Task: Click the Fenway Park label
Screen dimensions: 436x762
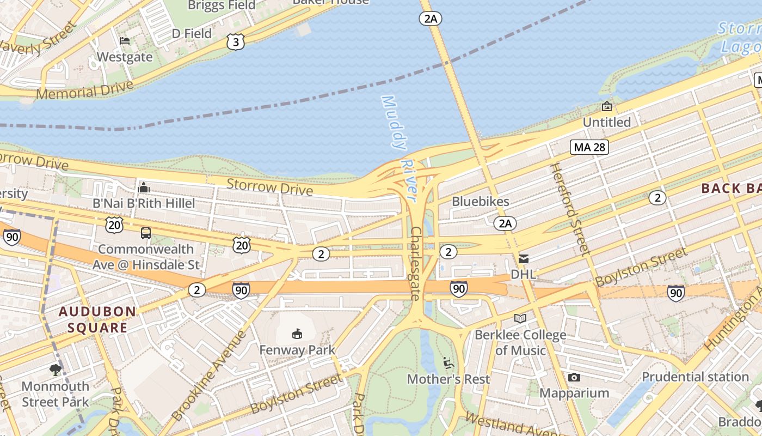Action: (x=297, y=350)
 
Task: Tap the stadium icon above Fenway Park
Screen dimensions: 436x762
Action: (x=297, y=333)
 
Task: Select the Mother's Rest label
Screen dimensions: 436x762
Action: (x=448, y=379)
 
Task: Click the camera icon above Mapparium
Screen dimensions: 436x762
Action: (x=574, y=377)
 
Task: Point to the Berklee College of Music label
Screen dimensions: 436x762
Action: (x=520, y=342)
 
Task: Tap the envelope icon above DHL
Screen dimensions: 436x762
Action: (x=523, y=258)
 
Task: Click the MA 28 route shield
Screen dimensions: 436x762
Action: (x=589, y=147)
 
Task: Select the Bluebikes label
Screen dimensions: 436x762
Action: (x=481, y=202)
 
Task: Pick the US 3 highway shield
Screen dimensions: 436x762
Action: (x=236, y=43)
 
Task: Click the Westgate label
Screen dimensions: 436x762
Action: (x=125, y=57)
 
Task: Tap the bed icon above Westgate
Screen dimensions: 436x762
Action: (x=125, y=41)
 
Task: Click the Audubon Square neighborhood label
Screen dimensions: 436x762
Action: (x=97, y=320)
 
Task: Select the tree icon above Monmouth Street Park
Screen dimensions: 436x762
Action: (x=55, y=371)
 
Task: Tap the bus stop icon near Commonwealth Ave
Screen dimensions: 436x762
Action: (x=145, y=233)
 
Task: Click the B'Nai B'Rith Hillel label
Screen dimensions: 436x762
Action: (x=144, y=203)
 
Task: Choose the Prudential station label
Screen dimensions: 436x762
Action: (x=695, y=377)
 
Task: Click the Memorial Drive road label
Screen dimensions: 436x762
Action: (x=84, y=90)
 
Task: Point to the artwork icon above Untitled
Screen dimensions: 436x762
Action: (x=606, y=106)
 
